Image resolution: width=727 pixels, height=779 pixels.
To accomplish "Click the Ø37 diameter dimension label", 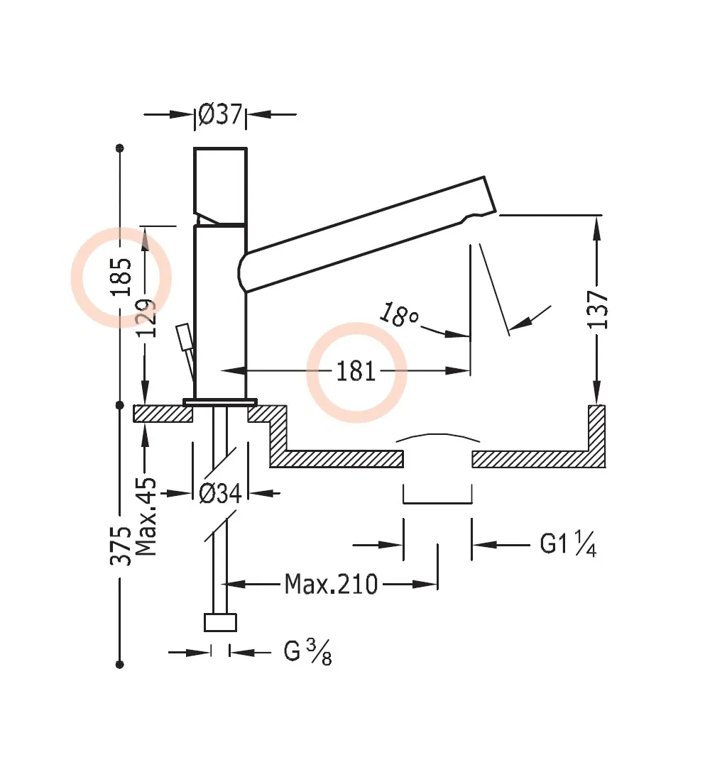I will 221,114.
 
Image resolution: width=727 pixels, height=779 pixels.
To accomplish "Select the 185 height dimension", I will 121,277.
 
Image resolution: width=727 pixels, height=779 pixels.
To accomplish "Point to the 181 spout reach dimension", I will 356,371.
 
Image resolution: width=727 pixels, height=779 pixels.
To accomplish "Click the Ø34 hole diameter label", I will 220,493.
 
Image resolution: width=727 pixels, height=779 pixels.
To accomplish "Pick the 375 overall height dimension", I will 121,546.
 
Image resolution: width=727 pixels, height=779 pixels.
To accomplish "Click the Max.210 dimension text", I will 331,585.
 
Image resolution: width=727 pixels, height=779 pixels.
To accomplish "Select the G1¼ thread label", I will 568,545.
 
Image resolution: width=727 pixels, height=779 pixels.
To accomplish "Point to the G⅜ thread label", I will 307,652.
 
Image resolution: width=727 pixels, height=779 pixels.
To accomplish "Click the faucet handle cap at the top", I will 221,181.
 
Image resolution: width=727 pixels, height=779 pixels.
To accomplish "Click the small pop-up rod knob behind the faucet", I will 185,337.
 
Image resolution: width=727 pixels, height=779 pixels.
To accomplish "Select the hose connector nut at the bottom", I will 220,622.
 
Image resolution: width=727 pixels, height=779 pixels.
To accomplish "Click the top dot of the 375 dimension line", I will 120,148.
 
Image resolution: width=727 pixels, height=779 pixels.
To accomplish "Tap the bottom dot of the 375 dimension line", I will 120,664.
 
